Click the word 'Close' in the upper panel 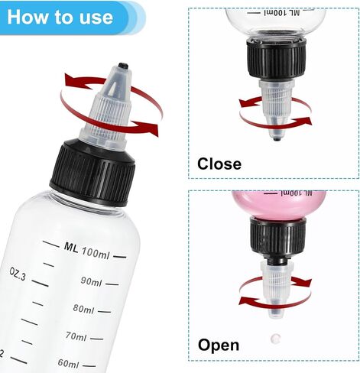(219, 164)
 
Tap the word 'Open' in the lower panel (219, 345)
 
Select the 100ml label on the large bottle (96, 252)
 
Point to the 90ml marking (91, 281)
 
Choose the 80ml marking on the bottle (83, 309)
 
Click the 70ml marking (76, 336)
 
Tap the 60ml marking (68, 363)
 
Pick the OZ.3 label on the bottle (18, 274)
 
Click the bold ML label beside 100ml (71, 248)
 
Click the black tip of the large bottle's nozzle (123, 66)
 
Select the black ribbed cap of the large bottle (92, 173)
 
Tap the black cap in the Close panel (276, 58)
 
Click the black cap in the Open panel (278, 238)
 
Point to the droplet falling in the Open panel (275, 339)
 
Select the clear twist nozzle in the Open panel (277, 290)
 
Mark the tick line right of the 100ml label (119, 257)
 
